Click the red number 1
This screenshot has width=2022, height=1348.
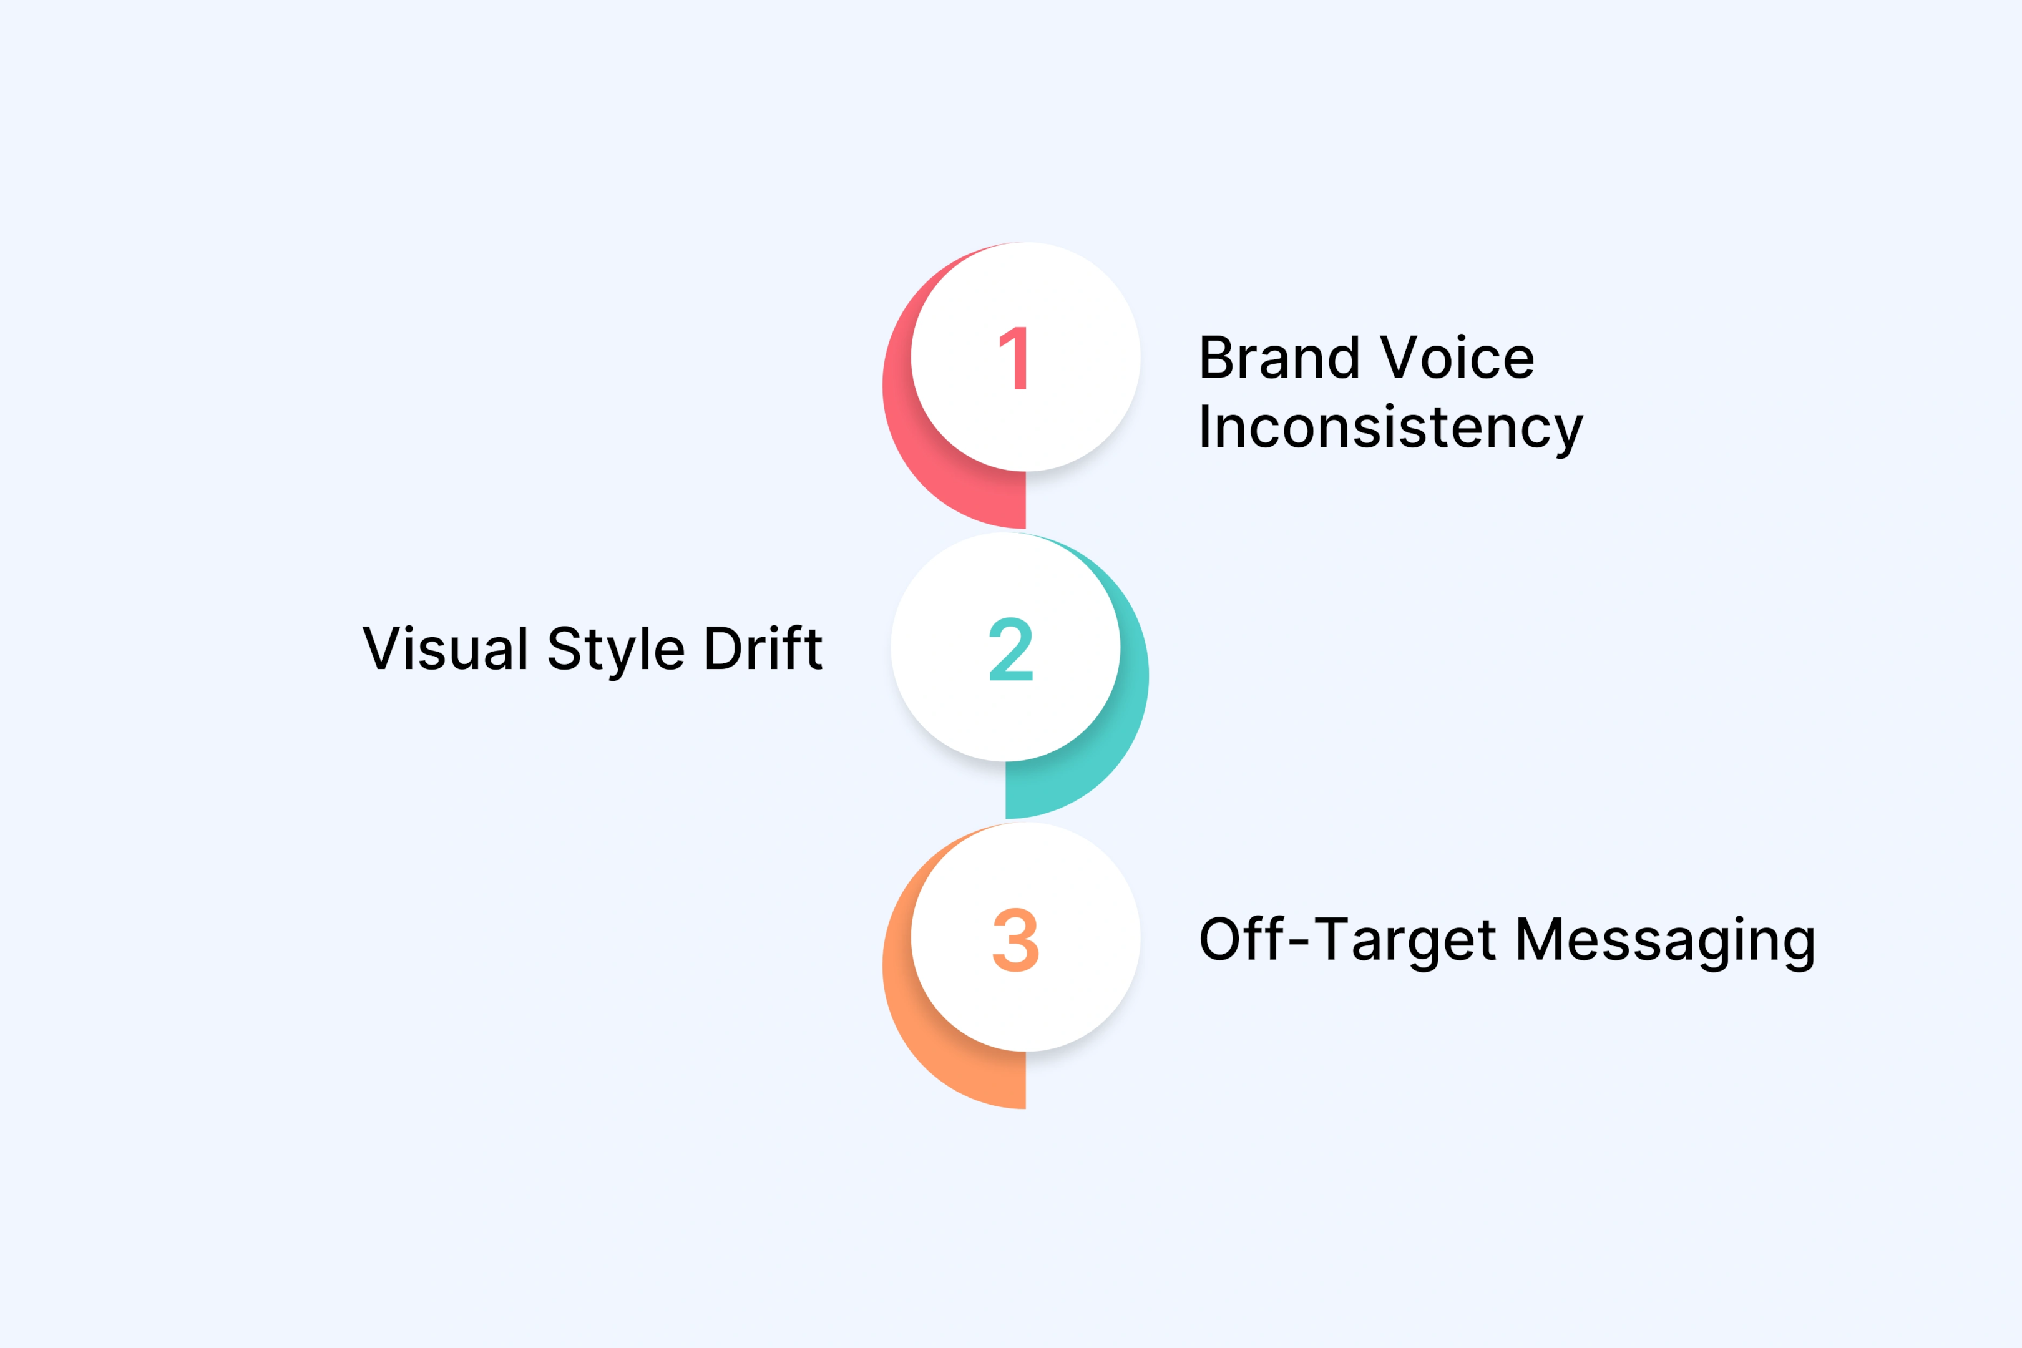coord(1015,358)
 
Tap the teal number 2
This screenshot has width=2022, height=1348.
coord(1011,649)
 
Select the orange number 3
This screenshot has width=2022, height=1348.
coord(1015,940)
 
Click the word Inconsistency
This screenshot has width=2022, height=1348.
coord(1390,427)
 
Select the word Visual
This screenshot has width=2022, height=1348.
coord(446,648)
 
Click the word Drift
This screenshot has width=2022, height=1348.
coord(763,648)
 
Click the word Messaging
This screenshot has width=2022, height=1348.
coord(1665,940)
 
